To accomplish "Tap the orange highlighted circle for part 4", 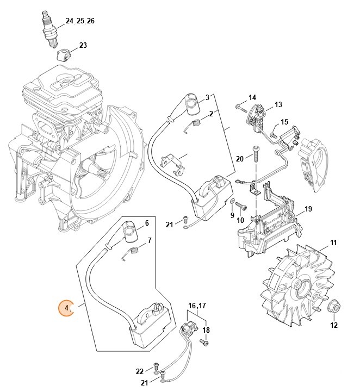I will click(x=67, y=309).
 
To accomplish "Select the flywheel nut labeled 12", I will click(x=334, y=308).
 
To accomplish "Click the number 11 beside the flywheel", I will click(x=333, y=242).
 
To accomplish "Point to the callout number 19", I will click(x=308, y=209).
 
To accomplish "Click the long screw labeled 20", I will click(x=254, y=153).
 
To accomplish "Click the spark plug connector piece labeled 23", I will click(x=65, y=55).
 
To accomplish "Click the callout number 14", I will click(x=252, y=97).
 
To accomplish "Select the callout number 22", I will click(x=140, y=371).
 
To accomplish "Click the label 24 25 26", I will click(x=80, y=21).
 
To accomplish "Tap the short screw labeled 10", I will click(x=242, y=207).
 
